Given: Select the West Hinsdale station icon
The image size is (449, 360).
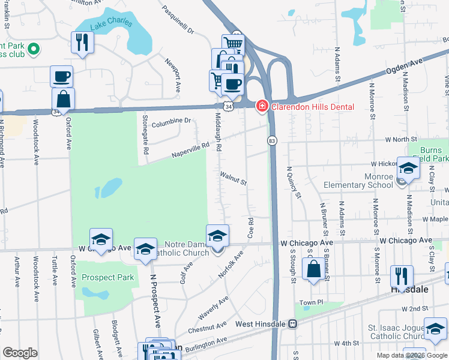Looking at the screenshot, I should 292,324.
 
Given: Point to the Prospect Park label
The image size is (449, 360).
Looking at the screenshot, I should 108,277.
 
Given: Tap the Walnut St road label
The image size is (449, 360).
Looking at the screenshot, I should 234,178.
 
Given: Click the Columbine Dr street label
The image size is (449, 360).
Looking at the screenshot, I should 171,122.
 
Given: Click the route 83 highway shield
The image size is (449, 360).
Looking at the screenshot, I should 271,140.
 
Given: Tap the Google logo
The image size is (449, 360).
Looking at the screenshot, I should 20,353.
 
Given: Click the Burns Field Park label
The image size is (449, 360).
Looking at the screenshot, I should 431,154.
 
